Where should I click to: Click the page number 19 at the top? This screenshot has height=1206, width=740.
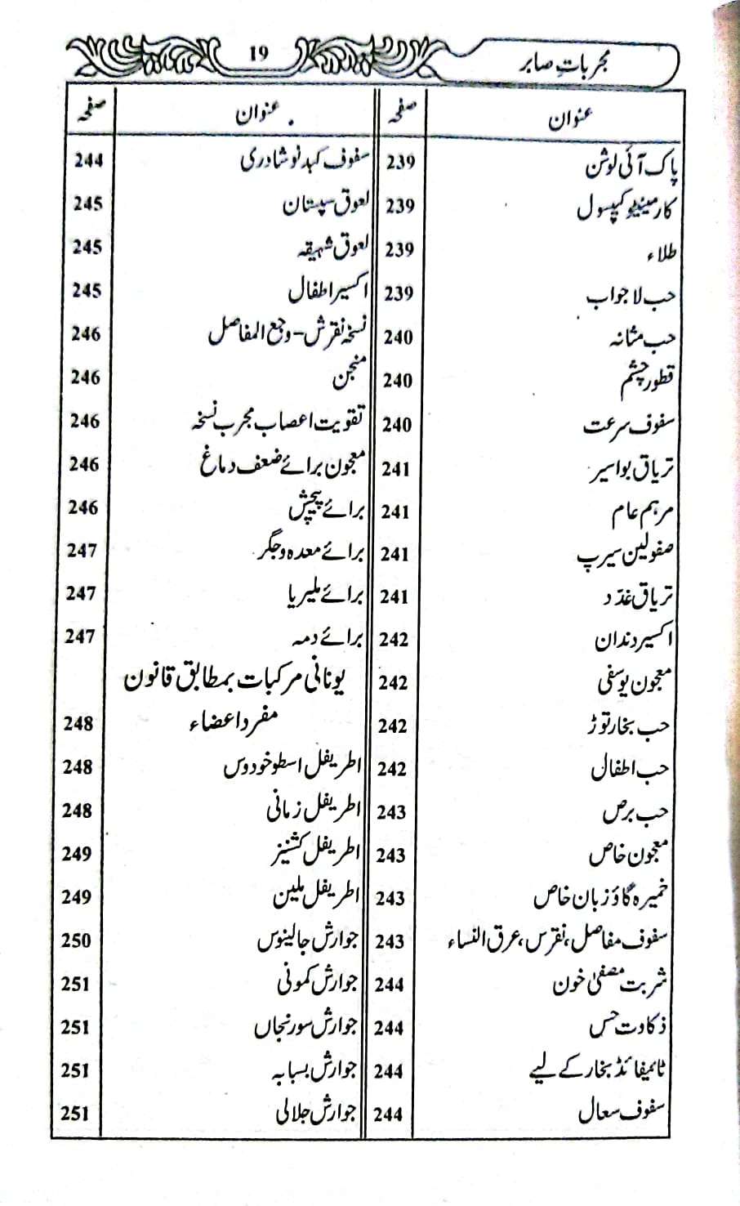258,55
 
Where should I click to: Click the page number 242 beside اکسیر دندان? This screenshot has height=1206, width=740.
394,639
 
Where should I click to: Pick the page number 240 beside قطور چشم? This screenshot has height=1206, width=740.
399,380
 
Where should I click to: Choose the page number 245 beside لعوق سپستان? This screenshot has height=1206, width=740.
87,204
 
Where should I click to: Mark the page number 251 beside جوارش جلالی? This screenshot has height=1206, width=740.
75,1113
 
